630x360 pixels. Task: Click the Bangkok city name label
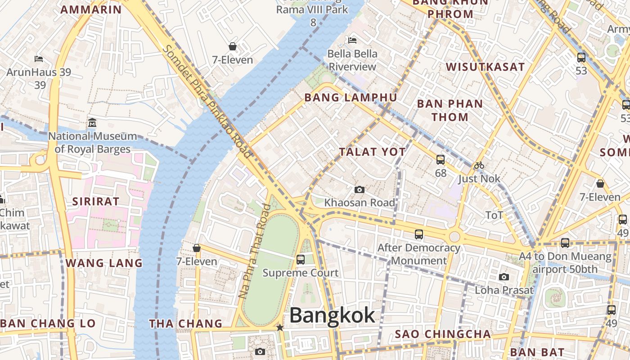(x=332, y=315)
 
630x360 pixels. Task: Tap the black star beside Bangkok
(x=280, y=328)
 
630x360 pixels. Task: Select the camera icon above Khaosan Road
(x=359, y=190)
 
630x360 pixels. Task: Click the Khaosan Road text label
(x=360, y=202)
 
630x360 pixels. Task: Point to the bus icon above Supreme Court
(x=301, y=260)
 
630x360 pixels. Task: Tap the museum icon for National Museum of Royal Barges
(x=92, y=122)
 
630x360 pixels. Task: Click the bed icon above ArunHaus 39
(x=39, y=59)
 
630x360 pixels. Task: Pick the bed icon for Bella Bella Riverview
(x=352, y=40)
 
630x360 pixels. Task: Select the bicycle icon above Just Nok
(x=479, y=165)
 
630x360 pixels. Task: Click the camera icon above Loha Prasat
(x=504, y=277)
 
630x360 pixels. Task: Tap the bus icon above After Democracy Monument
(x=419, y=234)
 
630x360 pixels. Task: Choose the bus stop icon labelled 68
(x=441, y=159)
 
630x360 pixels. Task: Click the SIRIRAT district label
(x=96, y=201)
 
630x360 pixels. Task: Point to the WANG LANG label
(x=104, y=263)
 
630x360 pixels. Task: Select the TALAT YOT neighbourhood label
(x=373, y=152)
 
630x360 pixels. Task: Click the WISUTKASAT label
(x=485, y=67)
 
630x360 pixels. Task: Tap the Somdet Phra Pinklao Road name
(x=207, y=102)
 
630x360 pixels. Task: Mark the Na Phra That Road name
(x=255, y=252)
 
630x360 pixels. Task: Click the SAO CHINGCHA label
(x=443, y=334)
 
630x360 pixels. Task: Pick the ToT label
(x=494, y=216)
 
